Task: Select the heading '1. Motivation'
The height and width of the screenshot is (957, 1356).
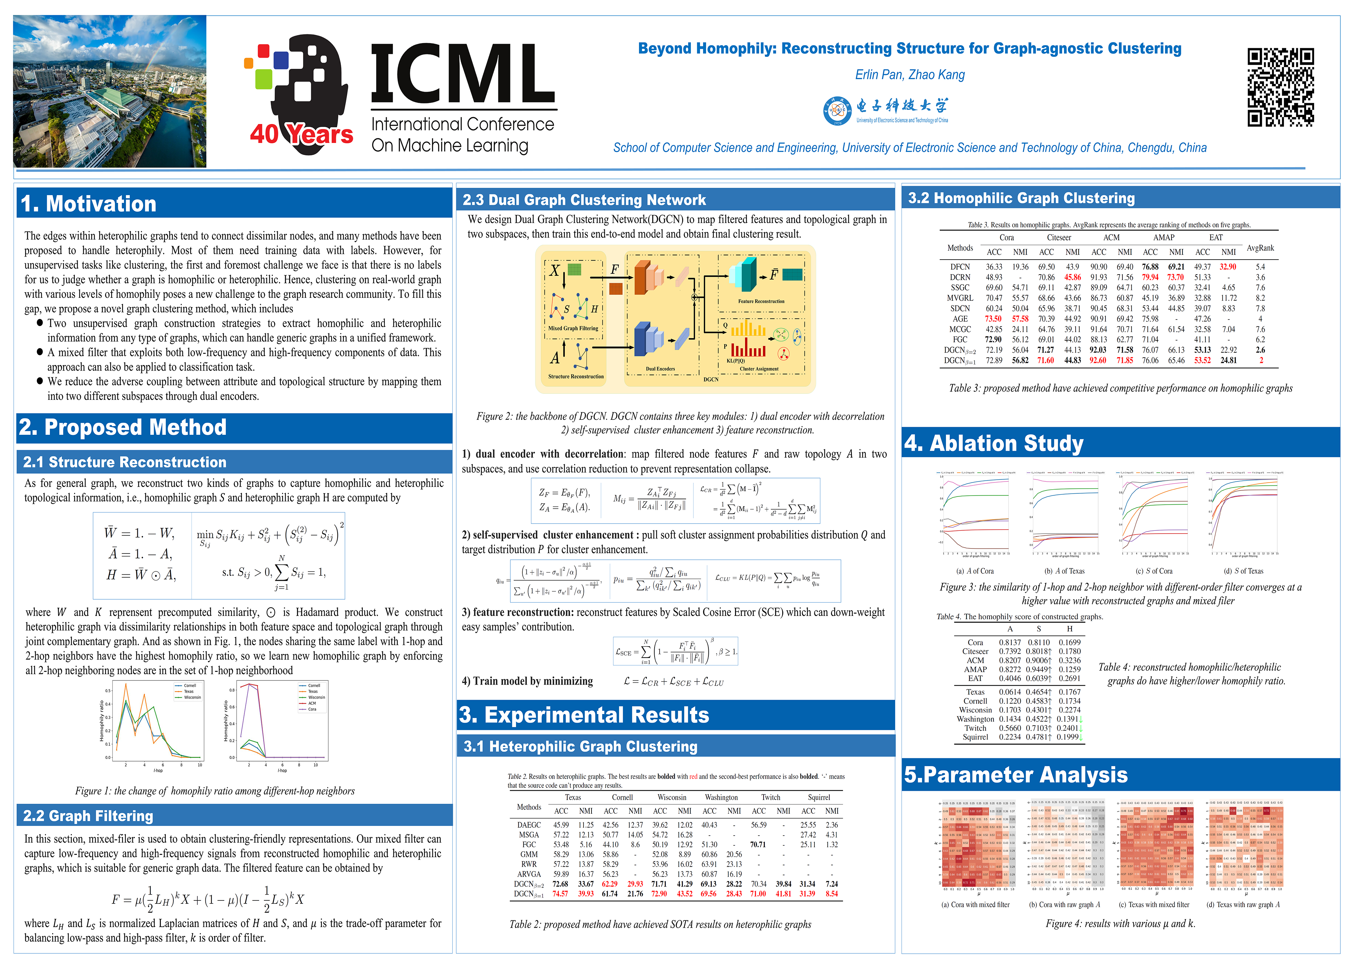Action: [x=89, y=204]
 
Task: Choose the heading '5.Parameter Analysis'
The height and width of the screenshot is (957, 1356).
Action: [x=1016, y=775]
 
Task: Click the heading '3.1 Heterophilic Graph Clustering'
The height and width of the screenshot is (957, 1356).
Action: [x=580, y=746]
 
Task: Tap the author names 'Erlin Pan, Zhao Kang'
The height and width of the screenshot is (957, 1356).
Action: [x=909, y=75]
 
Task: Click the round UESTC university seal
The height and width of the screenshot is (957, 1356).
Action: [x=837, y=110]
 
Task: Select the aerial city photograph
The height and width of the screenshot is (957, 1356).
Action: [x=110, y=91]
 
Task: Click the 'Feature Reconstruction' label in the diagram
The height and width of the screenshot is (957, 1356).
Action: [x=761, y=301]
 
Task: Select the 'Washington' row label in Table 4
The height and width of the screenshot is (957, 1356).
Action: [x=975, y=719]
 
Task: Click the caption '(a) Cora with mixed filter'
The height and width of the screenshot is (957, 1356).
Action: [x=975, y=904]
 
